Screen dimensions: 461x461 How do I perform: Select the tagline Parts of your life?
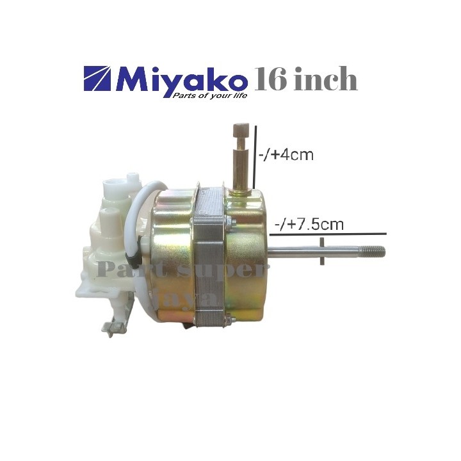[x=208, y=95]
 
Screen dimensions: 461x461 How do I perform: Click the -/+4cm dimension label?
[x=286, y=155]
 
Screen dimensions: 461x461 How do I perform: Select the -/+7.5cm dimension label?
[x=309, y=225]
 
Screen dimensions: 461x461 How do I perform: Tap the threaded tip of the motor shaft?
[x=375, y=251]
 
